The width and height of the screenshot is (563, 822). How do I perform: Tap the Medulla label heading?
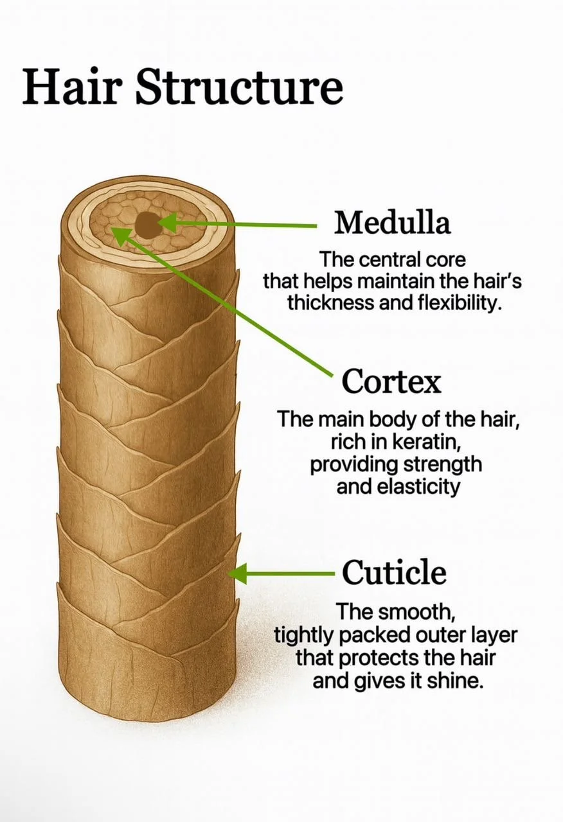(x=392, y=223)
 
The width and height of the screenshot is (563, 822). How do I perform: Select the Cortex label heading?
(x=391, y=382)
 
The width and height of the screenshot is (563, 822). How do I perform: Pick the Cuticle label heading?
(x=394, y=572)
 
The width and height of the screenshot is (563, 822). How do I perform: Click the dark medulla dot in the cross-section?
(x=148, y=224)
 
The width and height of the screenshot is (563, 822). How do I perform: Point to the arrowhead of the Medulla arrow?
(x=165, y=223)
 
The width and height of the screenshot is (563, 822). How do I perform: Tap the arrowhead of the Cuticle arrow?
(x=238, y=573)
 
